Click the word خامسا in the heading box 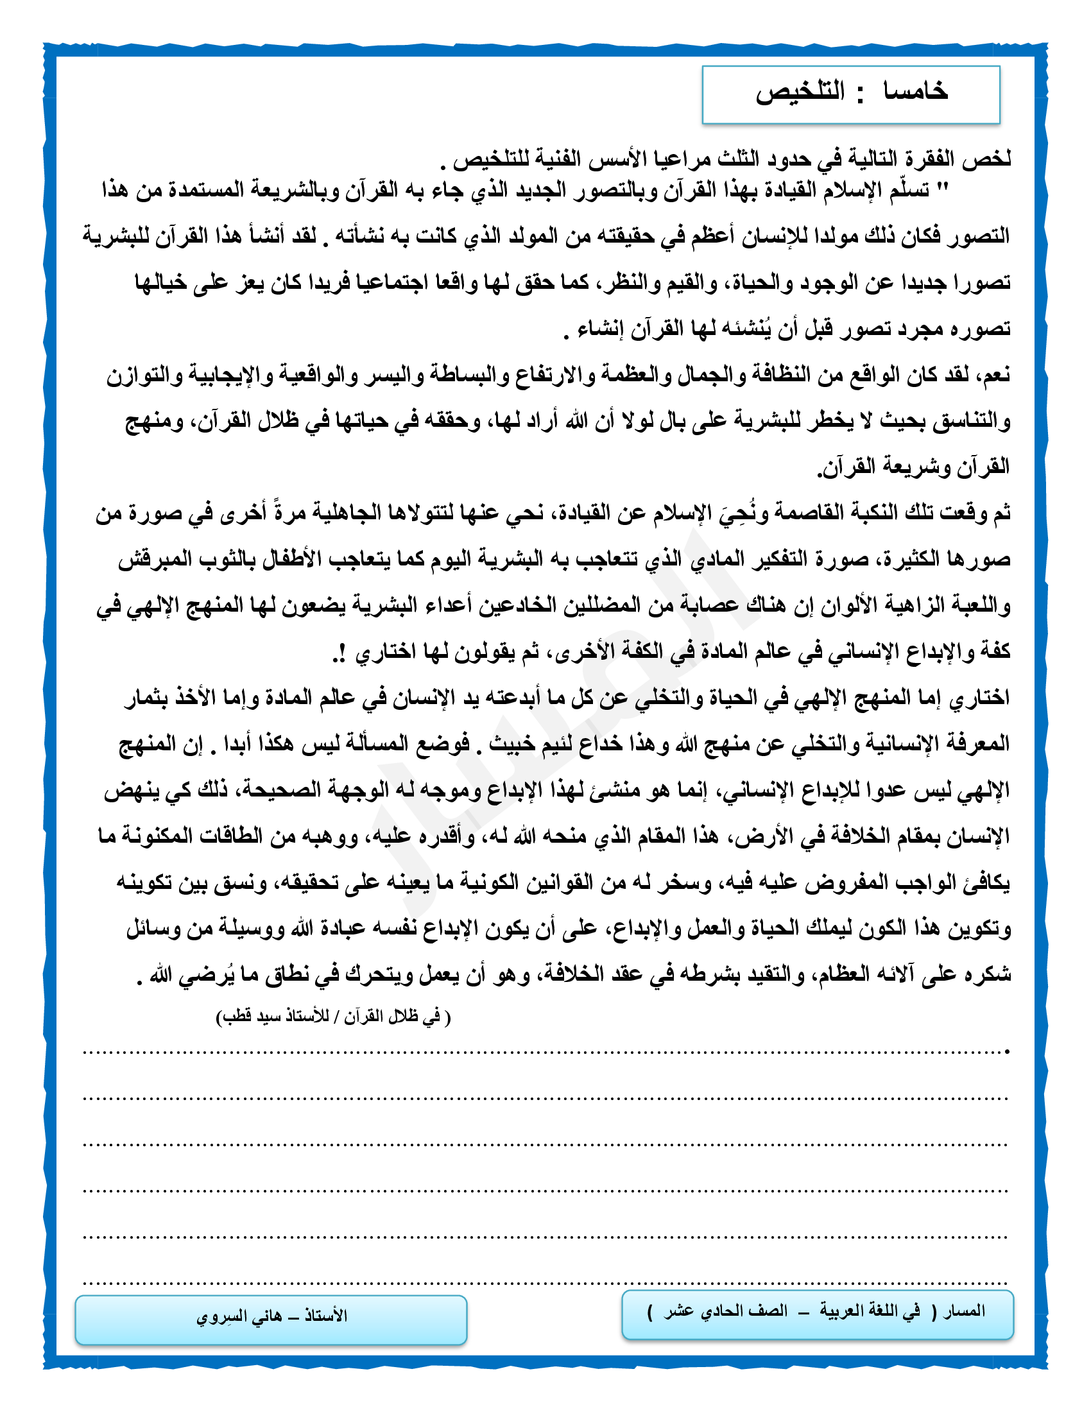pyautogui.click(x=915, y=92)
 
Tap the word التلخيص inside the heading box pyautogui.click(x=800, y=92)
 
